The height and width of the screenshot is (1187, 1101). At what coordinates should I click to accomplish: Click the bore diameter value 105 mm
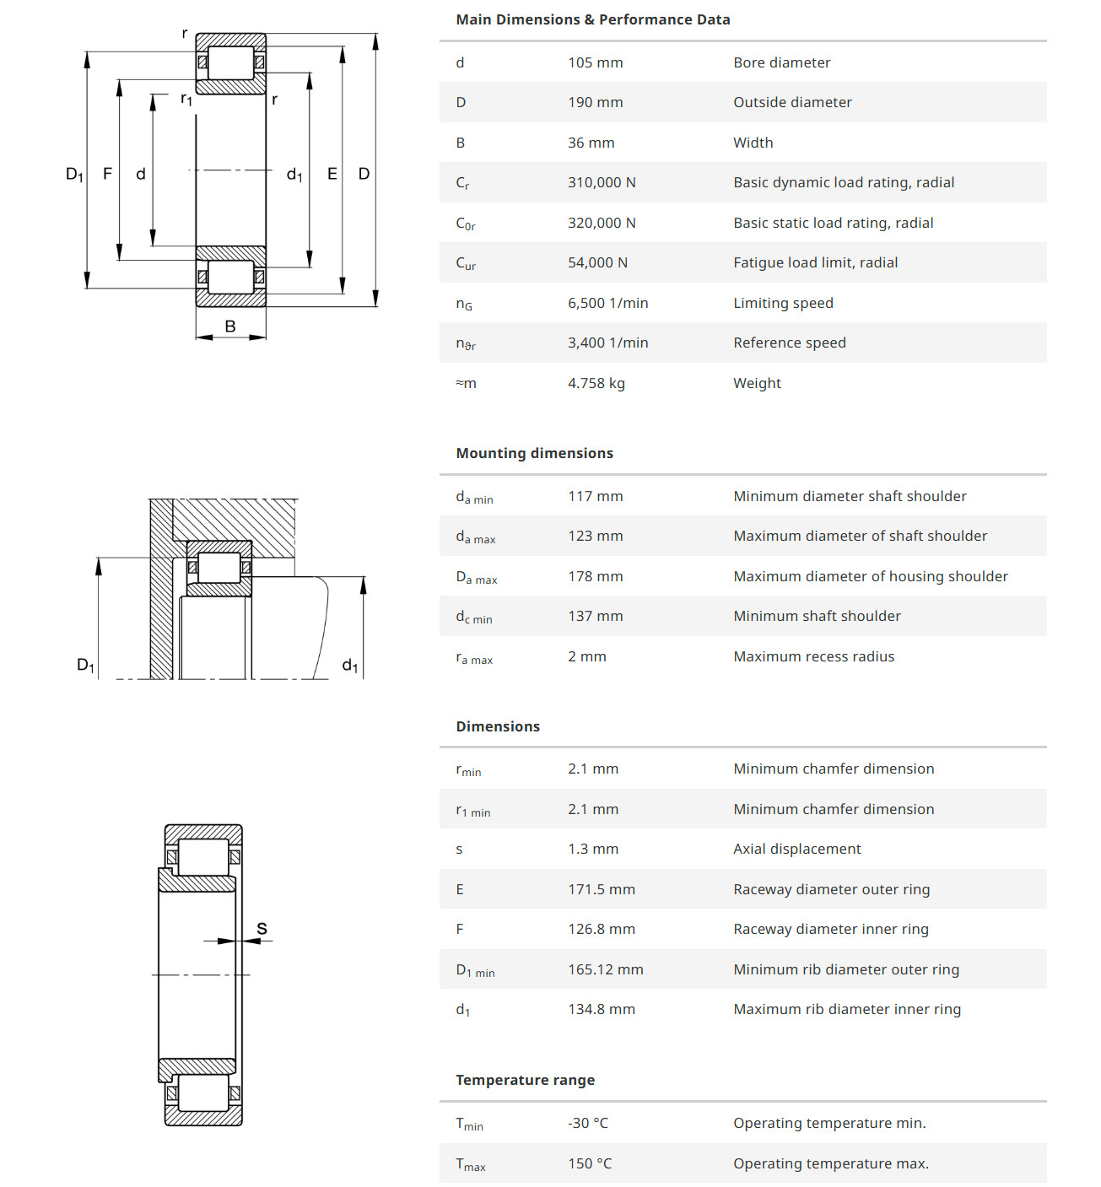[595, 62]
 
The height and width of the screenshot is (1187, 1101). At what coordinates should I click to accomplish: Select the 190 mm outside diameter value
[595, 102]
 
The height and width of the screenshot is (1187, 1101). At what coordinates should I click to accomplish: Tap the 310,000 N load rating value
[602, 182]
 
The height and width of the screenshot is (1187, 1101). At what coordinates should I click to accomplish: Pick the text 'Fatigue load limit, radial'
[815, 262]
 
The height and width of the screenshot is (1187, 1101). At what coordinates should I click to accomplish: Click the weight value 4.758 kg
[596, 383]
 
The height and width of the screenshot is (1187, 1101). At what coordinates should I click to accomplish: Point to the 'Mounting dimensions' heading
[534, 453]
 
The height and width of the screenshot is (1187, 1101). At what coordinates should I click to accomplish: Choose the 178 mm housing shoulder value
[595, 576]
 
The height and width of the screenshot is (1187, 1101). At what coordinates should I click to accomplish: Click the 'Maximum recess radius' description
[813, 656]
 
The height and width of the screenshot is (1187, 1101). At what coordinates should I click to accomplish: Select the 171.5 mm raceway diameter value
[601, 889]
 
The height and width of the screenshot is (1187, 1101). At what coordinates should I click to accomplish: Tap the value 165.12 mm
[605, 969]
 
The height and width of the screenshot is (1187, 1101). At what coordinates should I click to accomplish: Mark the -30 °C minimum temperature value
[587, 1123]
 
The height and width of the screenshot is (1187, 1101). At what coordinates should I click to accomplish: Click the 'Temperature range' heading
[525, 1080]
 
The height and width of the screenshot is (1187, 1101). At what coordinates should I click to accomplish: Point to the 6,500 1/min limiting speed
[607, 303]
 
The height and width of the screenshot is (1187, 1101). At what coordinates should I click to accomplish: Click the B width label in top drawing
[230, 326]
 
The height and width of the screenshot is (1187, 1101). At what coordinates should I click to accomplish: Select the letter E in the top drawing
[332, 174]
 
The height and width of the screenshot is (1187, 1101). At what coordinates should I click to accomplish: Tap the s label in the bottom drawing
[262, 929]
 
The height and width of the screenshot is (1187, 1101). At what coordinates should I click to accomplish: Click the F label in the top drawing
[107, 174]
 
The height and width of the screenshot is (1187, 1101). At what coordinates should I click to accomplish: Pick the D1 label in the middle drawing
[86, 665]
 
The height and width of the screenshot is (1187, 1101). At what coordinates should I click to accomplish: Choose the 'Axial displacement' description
[796, 849]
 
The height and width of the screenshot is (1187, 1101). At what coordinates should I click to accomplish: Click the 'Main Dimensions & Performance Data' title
[592, 19]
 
